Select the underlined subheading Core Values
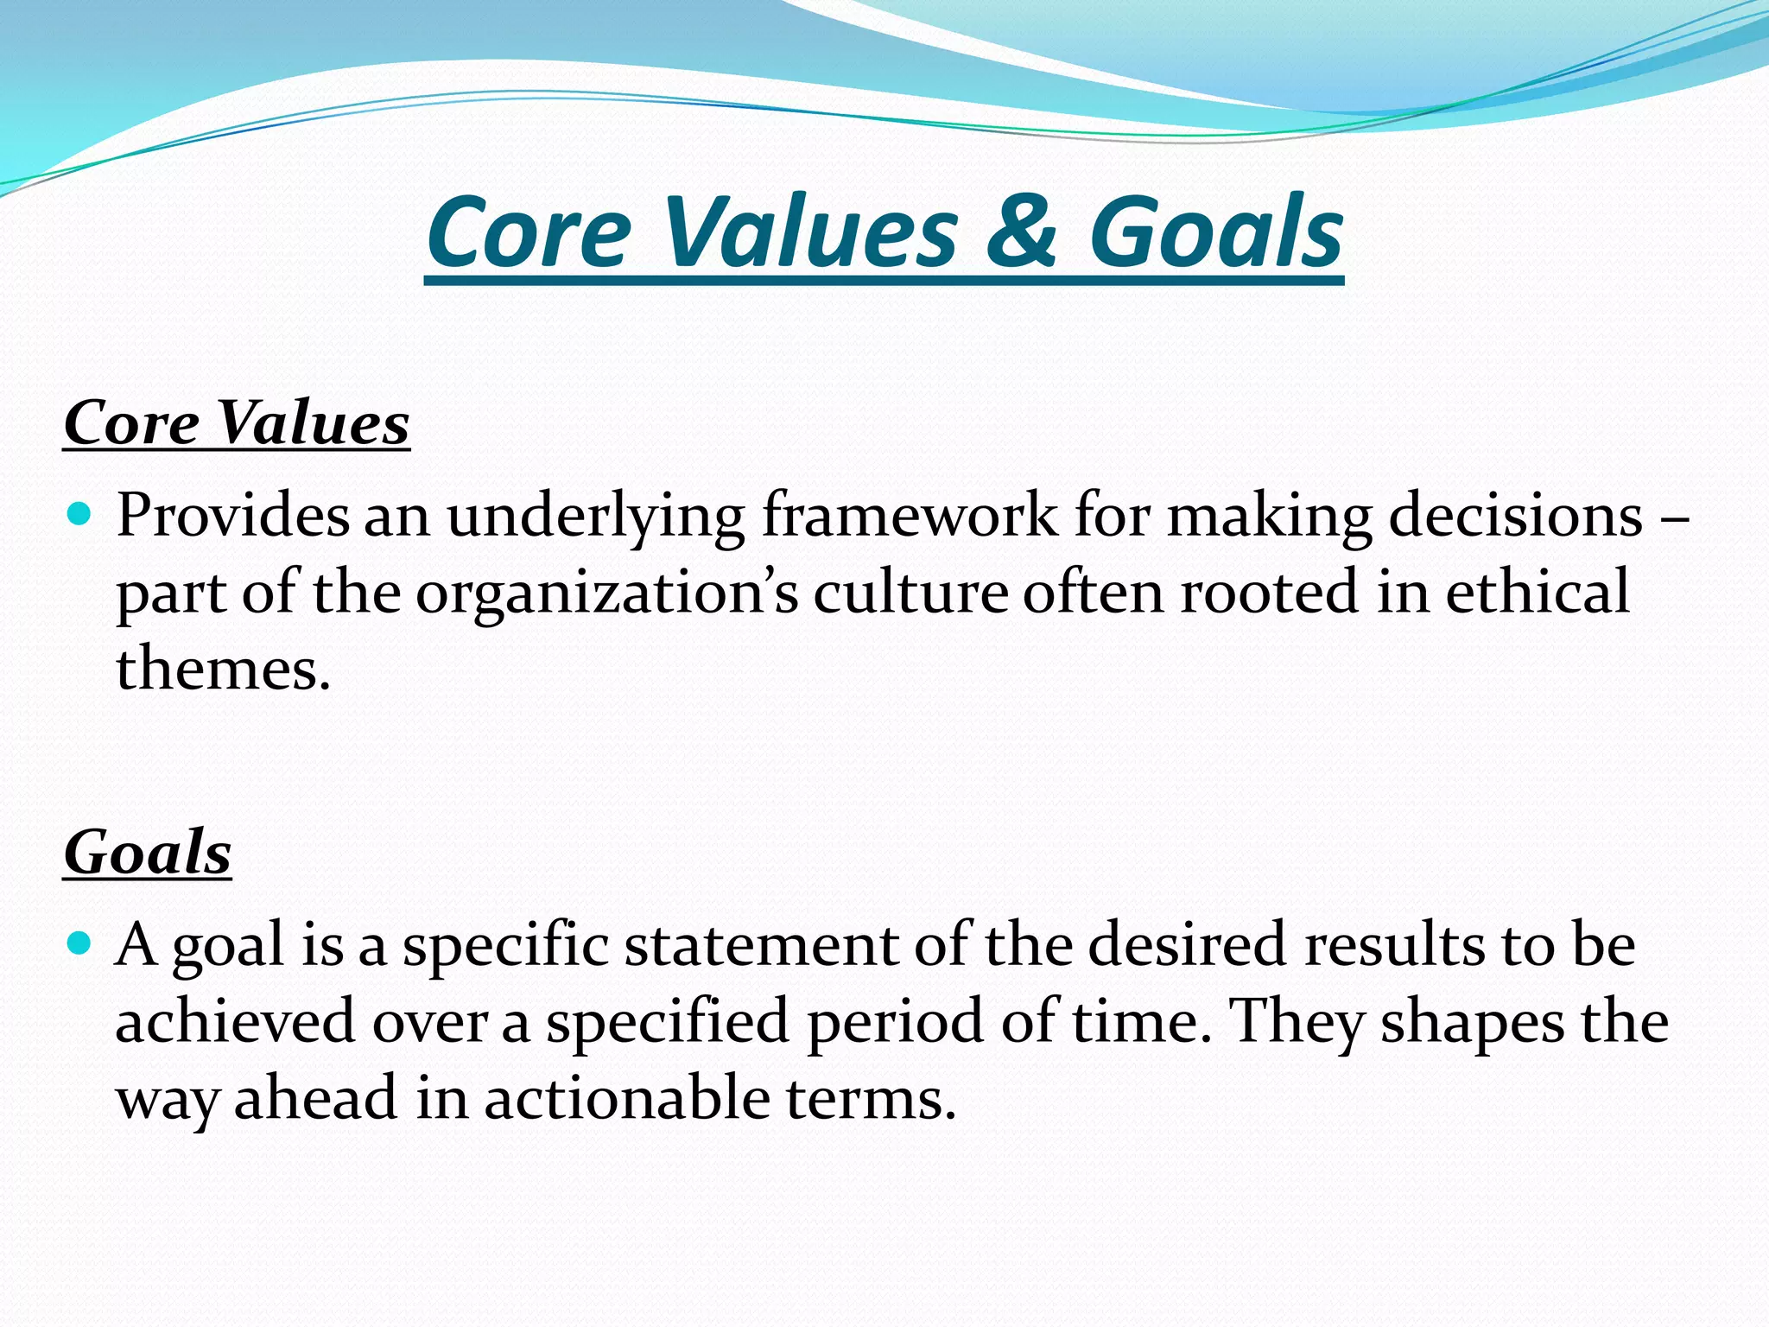tap(237, 423)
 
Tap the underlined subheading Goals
tap(148, 852)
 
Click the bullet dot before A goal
tap(79, 943)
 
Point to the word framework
tap(909, 516)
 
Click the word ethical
tap(1538, 592)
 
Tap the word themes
tap(223, 670)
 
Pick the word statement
tap(760, 944)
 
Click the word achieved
tap(235, 1021)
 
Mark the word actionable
tap(627, 1099)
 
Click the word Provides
tap(233, 516)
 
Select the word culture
tap(910, 594)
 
